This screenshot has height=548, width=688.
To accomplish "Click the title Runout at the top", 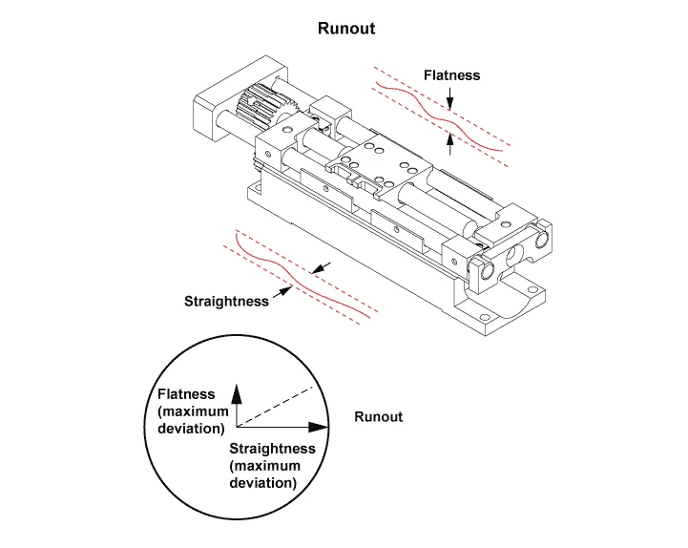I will [345, 29].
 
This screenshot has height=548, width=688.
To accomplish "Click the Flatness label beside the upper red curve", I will [451, 74].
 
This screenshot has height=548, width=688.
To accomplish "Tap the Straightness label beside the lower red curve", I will [227, 301].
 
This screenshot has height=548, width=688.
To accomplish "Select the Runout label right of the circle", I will [378, 416].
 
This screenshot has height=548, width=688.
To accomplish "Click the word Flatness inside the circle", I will [186, 393].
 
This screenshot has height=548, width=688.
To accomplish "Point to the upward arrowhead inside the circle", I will [239, 391].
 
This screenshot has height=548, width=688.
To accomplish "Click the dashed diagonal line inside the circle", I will [277, 407].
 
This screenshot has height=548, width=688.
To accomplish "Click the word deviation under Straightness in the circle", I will [262, 483].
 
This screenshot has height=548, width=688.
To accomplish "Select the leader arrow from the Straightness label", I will [281, 293].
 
